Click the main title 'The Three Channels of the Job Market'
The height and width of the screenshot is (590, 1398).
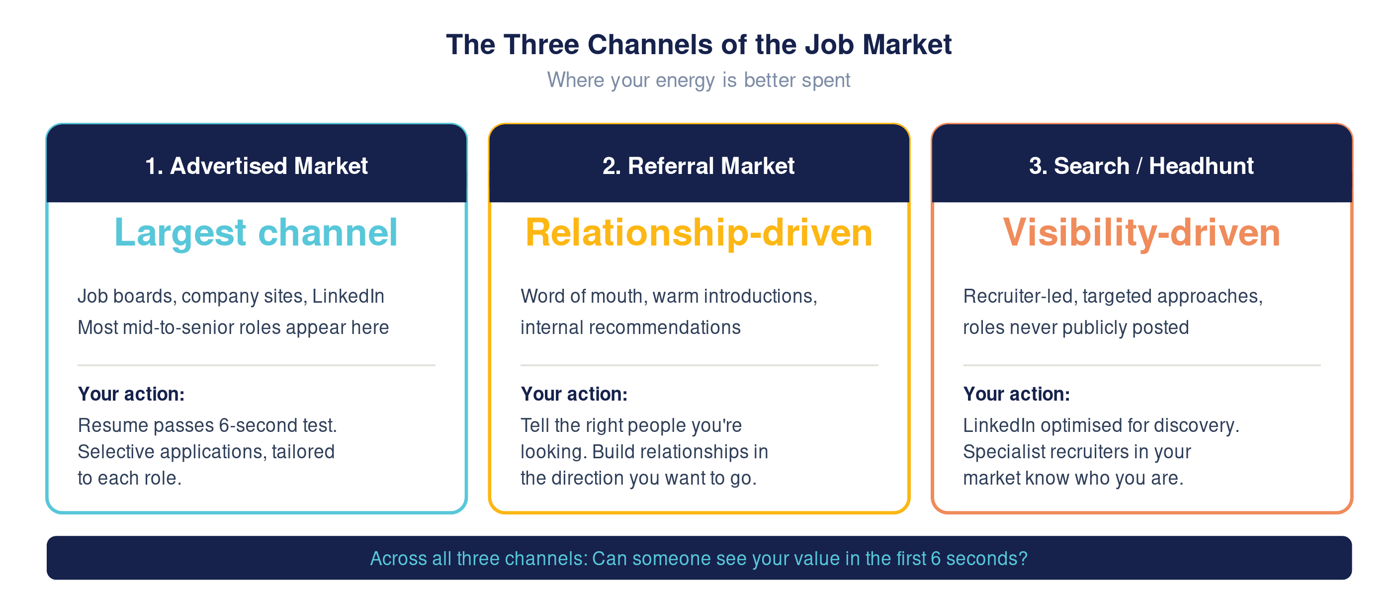pos(699,45)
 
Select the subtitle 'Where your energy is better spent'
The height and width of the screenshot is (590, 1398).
pos(699,81)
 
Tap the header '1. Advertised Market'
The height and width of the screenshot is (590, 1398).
pos(256,166)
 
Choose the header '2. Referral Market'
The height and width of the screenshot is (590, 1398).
pos(699,166)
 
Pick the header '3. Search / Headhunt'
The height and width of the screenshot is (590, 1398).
pos(1141,166)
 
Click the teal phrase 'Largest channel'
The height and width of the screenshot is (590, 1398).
pos(256,233)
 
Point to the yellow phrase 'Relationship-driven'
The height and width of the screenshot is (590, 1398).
pos(699,233)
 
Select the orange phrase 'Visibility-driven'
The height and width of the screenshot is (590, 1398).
pos(1141,233)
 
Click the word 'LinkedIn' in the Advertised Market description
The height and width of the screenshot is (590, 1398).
pos(348,296)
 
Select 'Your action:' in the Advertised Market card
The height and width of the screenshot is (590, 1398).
pos(131,394)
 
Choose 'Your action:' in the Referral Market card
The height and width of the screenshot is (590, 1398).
pos(574,394)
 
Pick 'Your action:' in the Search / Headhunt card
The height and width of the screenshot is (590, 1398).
pos(1017,394)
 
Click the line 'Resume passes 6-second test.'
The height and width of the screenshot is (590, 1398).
pos(207,425)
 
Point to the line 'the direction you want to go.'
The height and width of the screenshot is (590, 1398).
pos(638,478)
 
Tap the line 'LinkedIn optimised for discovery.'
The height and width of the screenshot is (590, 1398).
pos(1101,425)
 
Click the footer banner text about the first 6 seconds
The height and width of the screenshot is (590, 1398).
pos(699,559)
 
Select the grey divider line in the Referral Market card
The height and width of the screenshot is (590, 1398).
pos(699,365)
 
